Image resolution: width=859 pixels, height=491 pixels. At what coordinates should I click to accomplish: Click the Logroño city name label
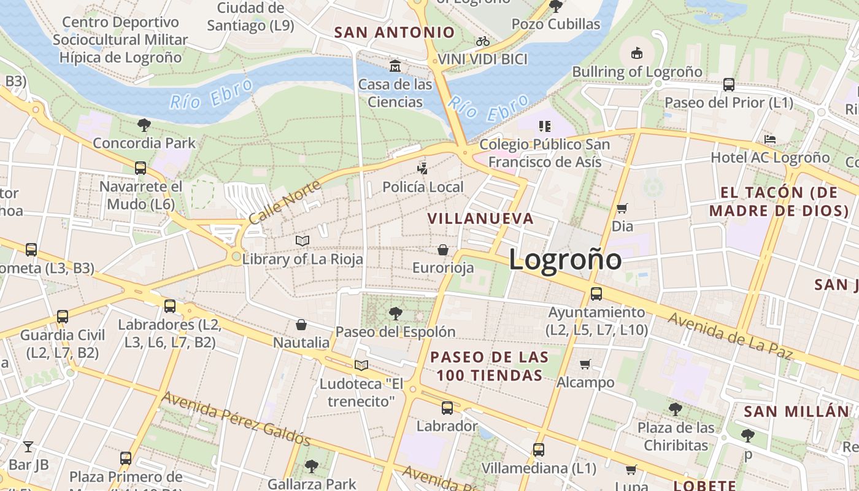[564, 260]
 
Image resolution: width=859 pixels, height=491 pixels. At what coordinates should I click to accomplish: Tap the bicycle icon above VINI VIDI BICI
[483, 41]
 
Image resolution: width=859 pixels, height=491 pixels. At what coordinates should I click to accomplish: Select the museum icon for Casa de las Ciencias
[395, 66]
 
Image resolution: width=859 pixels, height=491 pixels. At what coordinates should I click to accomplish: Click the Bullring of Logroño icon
[637, 53]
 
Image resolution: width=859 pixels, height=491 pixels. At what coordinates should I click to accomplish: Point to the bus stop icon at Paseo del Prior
[729, 84]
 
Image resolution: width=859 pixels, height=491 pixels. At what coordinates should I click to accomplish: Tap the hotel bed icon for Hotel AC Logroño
[770, 139]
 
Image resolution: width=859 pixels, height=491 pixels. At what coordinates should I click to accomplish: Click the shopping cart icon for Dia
[622, 208]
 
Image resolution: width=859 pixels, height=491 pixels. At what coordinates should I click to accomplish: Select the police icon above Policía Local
[422, 168]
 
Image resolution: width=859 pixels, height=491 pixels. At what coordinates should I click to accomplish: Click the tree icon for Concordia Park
[144, 125]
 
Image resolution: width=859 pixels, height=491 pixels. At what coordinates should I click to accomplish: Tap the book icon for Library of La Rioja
[302, 241]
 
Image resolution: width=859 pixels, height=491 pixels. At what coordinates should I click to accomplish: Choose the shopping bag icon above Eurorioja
[443, 250]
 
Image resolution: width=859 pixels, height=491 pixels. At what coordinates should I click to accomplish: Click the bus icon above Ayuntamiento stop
[596, 294]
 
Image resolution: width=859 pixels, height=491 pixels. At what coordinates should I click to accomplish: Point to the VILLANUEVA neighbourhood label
[480, 218]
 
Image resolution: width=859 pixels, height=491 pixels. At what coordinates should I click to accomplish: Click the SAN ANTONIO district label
[394, 33]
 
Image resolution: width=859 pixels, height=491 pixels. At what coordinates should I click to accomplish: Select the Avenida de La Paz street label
[730, 336]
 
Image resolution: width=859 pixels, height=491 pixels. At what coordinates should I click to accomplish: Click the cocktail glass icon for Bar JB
[28, 446]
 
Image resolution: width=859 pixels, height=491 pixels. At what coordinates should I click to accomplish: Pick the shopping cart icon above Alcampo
[585, 364]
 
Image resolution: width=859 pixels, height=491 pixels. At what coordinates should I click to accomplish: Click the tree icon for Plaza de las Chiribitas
[676, 409]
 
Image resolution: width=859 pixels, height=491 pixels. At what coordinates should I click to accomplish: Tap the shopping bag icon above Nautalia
[301, 324]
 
